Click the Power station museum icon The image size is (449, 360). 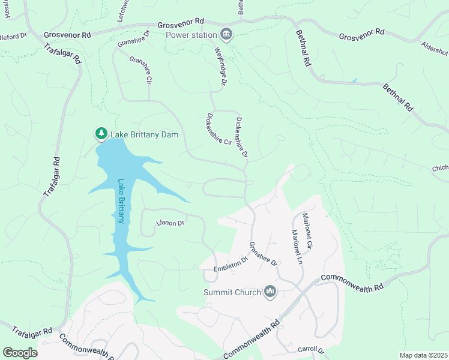[226, 33]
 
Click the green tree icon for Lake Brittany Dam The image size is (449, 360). [101, 133]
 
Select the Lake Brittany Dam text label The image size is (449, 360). [144, 134]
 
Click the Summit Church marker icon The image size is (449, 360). [270, 292]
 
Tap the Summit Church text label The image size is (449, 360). [232, 293]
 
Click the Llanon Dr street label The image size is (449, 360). [169, 223]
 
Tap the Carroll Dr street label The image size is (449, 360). [310, 350]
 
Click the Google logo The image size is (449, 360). [20, 352]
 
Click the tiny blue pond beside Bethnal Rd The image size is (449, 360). [354, 80]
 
